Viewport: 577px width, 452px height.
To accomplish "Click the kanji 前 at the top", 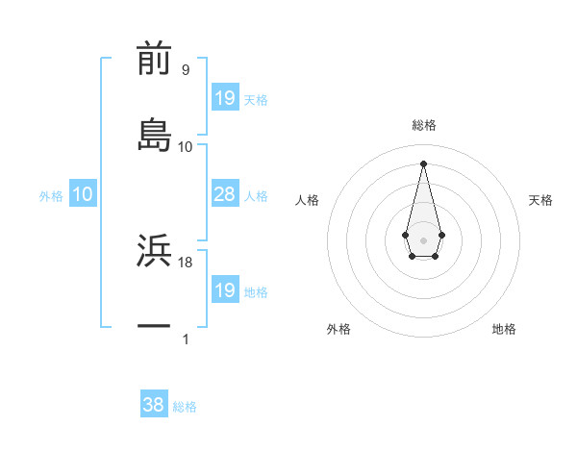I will pyautogui.click(x=154, y=58).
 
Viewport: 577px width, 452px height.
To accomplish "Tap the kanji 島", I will pyautogui.click(x=154, y=135).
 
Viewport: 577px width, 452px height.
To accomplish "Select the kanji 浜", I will pyautogui.click(x=154, y=251).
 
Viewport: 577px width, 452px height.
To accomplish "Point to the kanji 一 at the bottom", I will pyautogui.click(x=154, y=327).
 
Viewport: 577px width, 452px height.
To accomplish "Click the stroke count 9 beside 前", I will pyautogui.click(x=186, y=69).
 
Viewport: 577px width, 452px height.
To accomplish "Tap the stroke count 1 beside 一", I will pyautogui.click(x=186, y=339).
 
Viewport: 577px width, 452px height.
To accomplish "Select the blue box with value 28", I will pyautogui.click(x=225, y=195).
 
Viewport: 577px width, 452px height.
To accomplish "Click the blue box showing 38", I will pyautogui.click(x=154, y=405).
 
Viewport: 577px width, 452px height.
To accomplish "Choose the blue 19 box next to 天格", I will pyautogui.click(x=225, y=98).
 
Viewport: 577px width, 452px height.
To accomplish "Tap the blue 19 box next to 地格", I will pyautogui.click(x=225, y=290).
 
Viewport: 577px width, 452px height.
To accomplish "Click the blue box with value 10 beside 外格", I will pyautogui.click(x=83, y=195).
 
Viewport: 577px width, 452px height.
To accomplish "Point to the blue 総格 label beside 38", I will pyautogui.click(x=185, y=407).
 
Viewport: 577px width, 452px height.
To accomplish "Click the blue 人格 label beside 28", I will pyautogui.click(x=256, y=196).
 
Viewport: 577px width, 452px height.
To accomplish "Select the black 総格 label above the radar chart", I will pyautogui.click(x=424, y=125).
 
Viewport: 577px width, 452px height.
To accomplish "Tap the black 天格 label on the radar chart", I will pyautogui.click(x=540, y=200).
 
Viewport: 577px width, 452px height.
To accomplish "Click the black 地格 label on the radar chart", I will pyautogui.click(x=504, y=329).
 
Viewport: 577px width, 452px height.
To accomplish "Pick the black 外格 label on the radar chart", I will pyautogui.click(x=339, y=329).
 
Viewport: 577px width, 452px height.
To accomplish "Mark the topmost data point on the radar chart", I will pyautogui.click(x=423, y=163).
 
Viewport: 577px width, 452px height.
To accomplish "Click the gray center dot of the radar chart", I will pyautogui.click(x=423, y=239).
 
